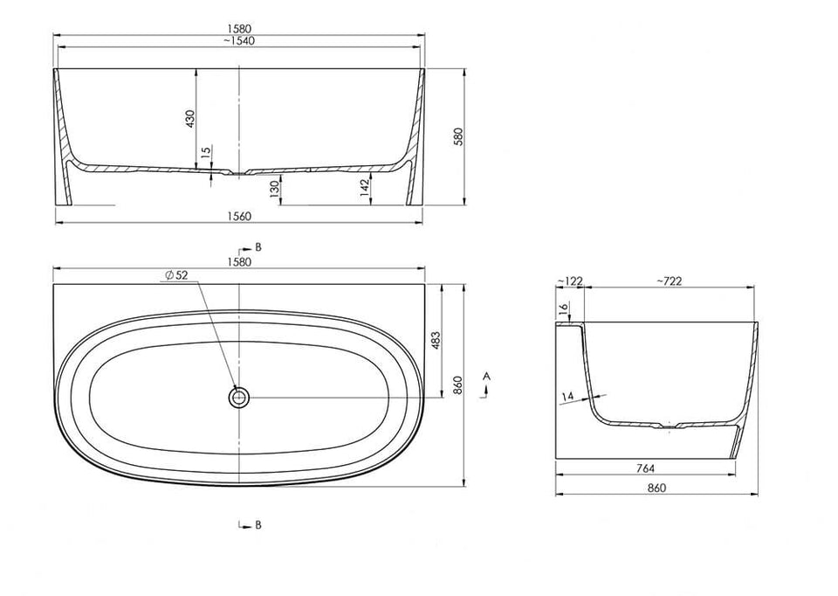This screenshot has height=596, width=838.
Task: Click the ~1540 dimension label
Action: click(x=239, y=40)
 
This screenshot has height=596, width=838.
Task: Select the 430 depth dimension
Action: click(x=190, y=119)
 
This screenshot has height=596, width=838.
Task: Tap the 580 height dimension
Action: click(x=458, y=136)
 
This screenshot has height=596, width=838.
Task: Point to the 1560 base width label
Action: click(x=239, y=216)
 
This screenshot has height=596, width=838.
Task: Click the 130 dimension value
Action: click(x=275, y=190)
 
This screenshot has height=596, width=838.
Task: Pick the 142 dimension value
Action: click(x=365, y=189)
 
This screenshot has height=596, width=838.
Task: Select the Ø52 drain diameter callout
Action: click(x=177, y=275)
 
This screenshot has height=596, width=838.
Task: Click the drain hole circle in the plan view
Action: click(x=239, y=398)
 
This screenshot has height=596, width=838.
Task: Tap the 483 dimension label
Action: click(x=436, y=342)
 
